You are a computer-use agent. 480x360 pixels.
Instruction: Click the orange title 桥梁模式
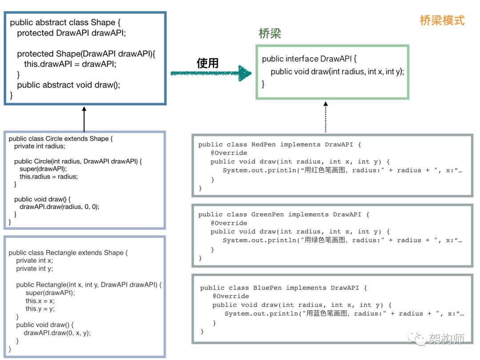442,20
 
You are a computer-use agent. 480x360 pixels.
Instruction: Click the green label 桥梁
270,34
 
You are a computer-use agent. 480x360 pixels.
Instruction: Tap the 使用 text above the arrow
208,63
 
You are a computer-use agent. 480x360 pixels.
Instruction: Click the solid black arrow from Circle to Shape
84,119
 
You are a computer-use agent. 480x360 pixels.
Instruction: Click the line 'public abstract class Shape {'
65,23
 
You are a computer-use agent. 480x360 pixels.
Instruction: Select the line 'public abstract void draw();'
68,85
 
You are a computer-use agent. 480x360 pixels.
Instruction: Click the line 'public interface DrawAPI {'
309,59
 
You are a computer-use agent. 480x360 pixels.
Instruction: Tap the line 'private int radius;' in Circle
40,146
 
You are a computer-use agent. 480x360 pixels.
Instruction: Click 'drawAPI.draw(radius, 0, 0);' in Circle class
60,207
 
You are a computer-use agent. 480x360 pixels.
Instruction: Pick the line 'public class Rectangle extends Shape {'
68,253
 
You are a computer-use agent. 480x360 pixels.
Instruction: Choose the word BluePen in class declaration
268,288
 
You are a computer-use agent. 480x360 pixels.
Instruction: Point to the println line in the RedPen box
342,171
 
